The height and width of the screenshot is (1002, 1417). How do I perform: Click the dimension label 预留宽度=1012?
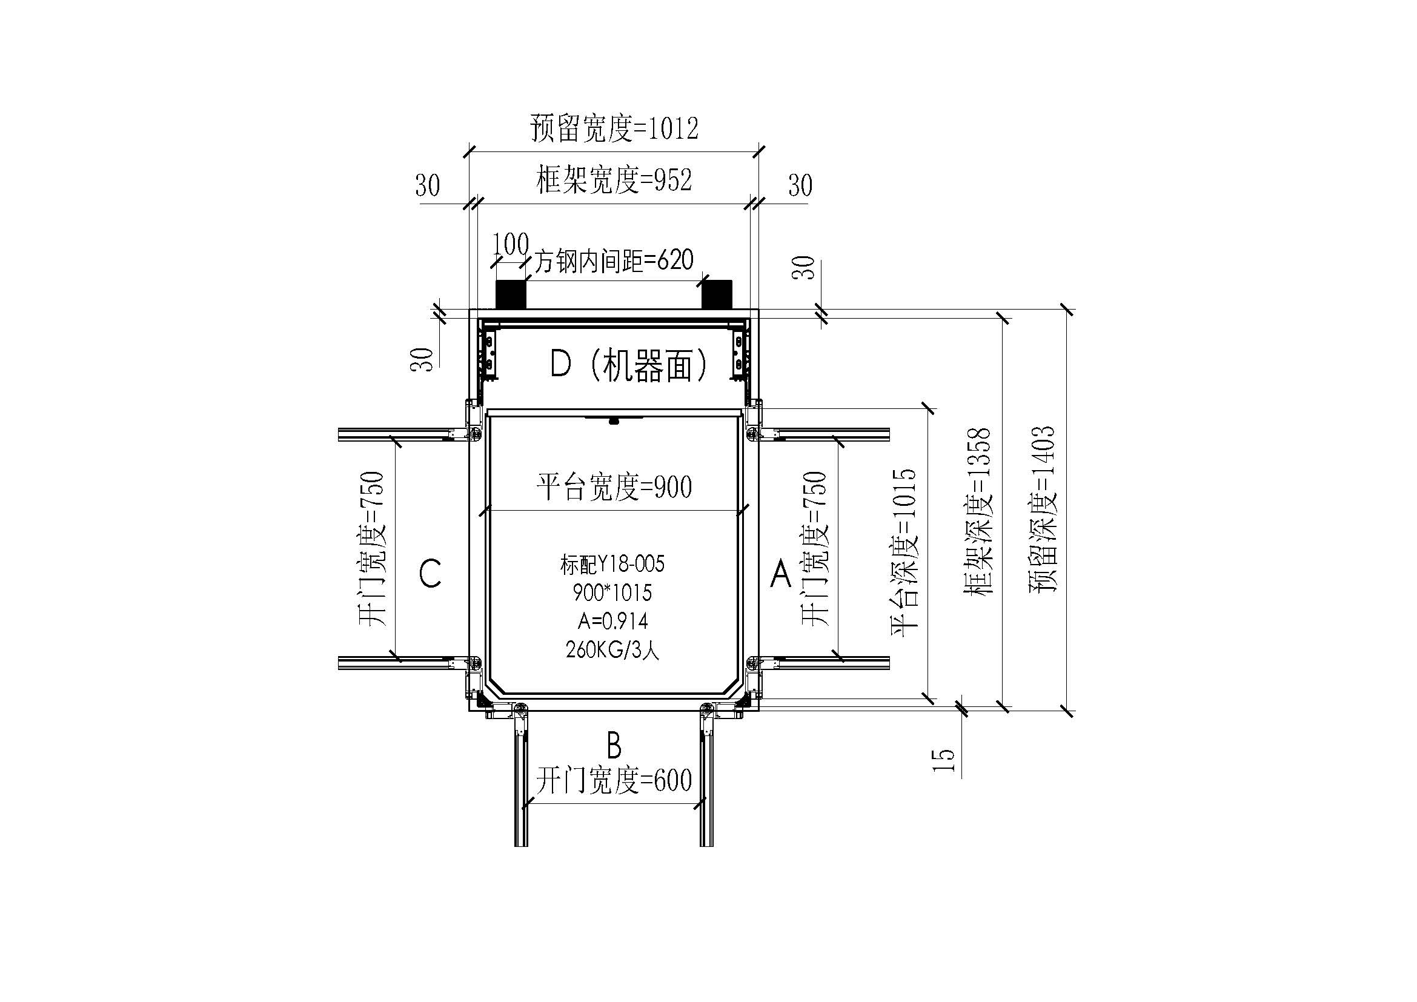coord(614,129)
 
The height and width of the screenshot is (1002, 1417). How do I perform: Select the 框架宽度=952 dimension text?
coord(614,180)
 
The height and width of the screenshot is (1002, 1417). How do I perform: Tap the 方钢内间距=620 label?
coord(614,260)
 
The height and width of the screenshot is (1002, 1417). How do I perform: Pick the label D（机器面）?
coord(629,365)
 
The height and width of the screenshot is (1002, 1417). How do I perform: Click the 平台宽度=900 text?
coord(614,487)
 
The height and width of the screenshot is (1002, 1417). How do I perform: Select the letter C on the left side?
coord(430,573)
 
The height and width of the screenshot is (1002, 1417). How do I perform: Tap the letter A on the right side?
coord(781,574)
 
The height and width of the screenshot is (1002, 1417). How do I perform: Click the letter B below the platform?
coord(614,746)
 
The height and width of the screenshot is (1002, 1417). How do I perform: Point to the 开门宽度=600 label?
coord(614,780)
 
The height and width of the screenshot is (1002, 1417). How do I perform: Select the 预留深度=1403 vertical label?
coord(1043,509)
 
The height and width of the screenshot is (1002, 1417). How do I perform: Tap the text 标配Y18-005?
coord(612,564)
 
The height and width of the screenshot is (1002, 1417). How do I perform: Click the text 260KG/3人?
coord(612,649)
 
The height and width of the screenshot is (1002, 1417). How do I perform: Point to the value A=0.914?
coord(612,621)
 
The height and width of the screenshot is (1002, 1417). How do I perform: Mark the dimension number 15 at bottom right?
coord(944,760)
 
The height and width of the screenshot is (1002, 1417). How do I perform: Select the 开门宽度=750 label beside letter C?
coord(372,548)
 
